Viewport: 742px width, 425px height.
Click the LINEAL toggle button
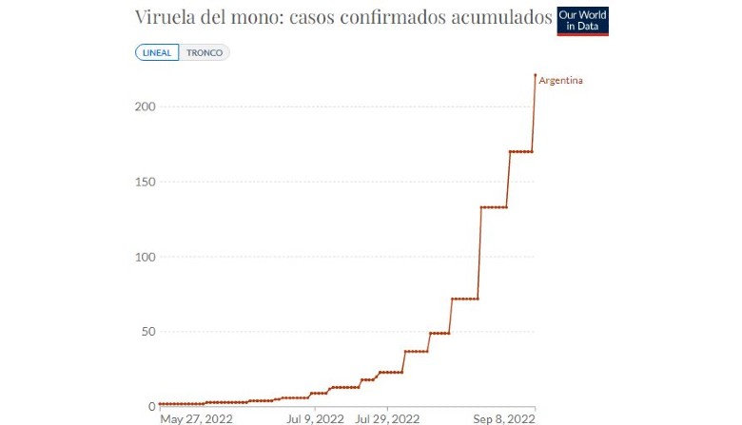[x=157, y=52]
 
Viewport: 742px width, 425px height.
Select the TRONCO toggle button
[x=204, y=52]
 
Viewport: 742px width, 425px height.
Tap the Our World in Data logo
[x=582, y=21]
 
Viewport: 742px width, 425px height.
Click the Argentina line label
[x=560, y=81]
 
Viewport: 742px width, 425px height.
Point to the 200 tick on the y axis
[x=145, y=106]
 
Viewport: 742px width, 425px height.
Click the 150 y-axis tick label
[x=145, y=182]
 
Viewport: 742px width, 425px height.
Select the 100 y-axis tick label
[x=145, y=257]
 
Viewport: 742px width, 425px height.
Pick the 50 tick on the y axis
[x=148, y=332]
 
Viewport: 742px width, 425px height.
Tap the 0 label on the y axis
[x=152, y=406]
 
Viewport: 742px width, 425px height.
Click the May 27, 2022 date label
[x=196, y=419]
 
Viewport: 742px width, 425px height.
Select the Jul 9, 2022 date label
[x=315, y=419]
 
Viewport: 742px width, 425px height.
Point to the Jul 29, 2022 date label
[x=387, y=419]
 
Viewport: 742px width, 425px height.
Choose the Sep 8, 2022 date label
[x=504, y=419]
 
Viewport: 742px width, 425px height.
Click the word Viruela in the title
[x=165, y=16]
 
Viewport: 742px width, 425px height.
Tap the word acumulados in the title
[x=501, y=16]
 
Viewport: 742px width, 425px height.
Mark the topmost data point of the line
[x=536, y=75]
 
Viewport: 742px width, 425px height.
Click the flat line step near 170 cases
[x=521, y=152]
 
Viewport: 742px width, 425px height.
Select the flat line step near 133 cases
[x=494, y=207]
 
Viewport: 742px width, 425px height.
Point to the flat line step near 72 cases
[x=464, y=299]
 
